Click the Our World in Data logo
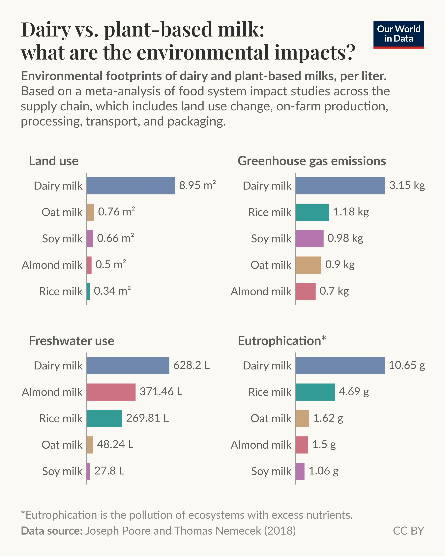(x=399, y=34)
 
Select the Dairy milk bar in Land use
(x=131, y=186)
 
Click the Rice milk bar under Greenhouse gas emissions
(x=312, y=212)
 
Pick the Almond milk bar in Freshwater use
(x=111, y=392)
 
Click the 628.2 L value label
(x=192, y=365)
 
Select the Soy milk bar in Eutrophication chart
(x=300, y=471)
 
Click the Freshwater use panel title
(x=72, y=341)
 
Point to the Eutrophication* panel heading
(x=282, y=341)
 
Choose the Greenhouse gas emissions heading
(x=312, y=161)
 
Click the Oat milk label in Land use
(x=62, y=212)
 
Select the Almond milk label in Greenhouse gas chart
(x=261, y=292)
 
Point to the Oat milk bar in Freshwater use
(x=90, y=445)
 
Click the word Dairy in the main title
(x=46, y=30)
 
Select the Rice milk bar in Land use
(x=88, y=292)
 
